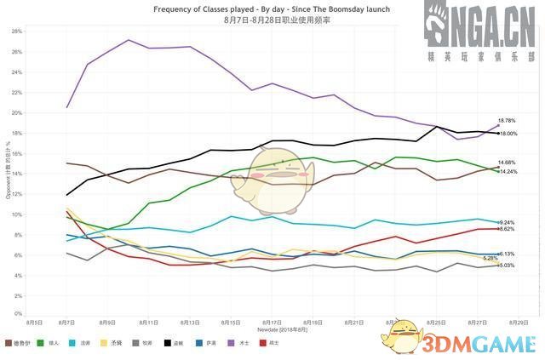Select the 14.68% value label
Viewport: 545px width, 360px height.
(508, 162)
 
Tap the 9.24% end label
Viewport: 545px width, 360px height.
(506, 222)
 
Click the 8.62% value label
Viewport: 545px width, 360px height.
(506, 229)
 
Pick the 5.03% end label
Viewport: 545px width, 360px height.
(506, 266)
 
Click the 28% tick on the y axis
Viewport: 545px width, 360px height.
(16, 31)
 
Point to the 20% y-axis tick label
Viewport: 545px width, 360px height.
(16, 112)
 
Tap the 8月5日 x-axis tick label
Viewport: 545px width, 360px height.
(35, 323)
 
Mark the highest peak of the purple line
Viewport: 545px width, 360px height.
(128, 40)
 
